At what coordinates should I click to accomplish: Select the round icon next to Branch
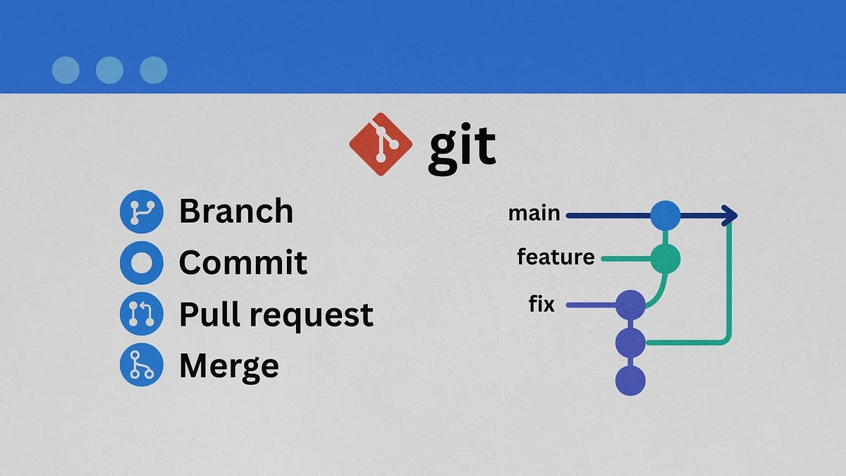[x=141, y=211]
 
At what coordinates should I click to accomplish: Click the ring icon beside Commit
[x=141, y=262]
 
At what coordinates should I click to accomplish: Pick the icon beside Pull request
[x=141, y=314]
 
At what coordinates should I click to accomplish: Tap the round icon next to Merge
[x=141, y=365]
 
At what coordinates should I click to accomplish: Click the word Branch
[x=235, y=211]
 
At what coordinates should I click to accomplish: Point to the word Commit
[x=243, y=262]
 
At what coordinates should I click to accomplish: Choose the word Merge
[x=228, y=366]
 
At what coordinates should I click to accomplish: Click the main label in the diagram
[x=534, y=213]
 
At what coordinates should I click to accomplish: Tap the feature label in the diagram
[x=556, y=257]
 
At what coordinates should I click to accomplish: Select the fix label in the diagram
[x=541, y=305]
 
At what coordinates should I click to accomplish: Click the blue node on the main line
[x=665, y=215]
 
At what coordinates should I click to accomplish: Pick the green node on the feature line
[x=665, y=259]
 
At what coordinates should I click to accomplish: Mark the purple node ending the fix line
[x=630, y=305]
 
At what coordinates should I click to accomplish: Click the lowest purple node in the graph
[x=630, y=381]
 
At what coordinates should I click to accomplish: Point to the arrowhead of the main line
[x=730, y=216]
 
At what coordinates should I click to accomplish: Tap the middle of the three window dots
[x=109, y=71]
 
